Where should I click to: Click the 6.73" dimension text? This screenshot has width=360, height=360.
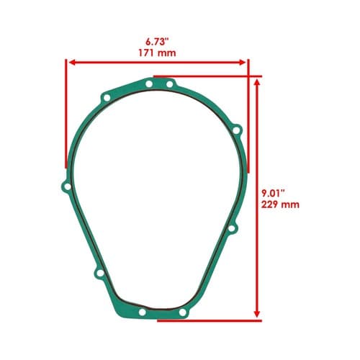point(156,42)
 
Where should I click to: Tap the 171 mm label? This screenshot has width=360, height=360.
point(157,53)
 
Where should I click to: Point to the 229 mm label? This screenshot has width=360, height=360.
point(280,204)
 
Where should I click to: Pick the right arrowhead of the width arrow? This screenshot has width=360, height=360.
point(242,63)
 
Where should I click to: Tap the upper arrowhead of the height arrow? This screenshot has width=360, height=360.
point(257,83)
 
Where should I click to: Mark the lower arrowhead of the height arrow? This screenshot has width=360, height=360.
point(257,313)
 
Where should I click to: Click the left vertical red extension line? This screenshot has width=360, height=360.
point(66,113)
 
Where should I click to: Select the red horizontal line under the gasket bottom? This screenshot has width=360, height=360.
point(210,320)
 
